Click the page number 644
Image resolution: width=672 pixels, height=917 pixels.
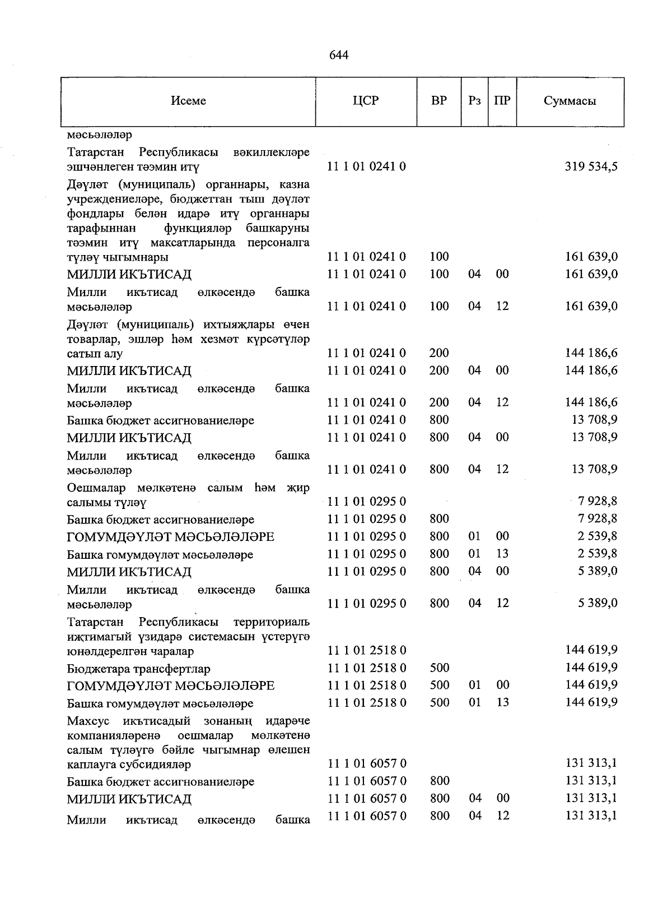point(339,55)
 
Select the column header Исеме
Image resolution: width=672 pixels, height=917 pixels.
point(188,101)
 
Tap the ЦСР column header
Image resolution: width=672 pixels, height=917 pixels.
point(366,101)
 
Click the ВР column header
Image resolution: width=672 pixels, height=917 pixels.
point(439,101)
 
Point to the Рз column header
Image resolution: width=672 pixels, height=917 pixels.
point(474,101)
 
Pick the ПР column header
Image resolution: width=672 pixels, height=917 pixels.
point(502,101)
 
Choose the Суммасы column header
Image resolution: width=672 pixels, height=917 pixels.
point(570,101)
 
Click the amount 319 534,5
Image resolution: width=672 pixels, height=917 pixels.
point(591,166)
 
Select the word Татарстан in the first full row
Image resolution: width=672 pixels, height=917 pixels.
point(99,152)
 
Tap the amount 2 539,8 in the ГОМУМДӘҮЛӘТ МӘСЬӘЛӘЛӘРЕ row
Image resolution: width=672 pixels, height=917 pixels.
point(598,536)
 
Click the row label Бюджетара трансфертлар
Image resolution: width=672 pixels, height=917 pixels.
point(138,669)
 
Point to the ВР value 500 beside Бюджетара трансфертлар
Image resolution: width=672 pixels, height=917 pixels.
point(439,668)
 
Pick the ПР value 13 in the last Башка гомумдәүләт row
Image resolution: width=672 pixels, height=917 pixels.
point(502,702)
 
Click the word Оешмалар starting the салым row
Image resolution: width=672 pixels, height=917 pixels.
point(96,488)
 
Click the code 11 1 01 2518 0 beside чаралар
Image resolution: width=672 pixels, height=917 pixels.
point(366,650)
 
